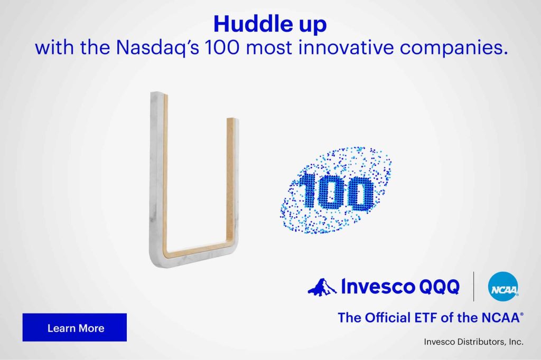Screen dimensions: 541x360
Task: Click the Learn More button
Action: coord(74,327)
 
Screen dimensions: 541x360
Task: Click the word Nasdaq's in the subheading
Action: coord(157,47)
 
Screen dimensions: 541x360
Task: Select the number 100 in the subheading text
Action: coord(221,47)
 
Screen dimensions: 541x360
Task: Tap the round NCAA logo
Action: coord(503,287)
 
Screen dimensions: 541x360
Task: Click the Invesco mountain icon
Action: coord(322,288)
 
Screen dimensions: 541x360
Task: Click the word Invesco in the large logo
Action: coord(378,287)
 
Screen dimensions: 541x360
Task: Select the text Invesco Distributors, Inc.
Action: coord(473,342)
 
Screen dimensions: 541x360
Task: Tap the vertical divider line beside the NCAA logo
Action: coord(473,287)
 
